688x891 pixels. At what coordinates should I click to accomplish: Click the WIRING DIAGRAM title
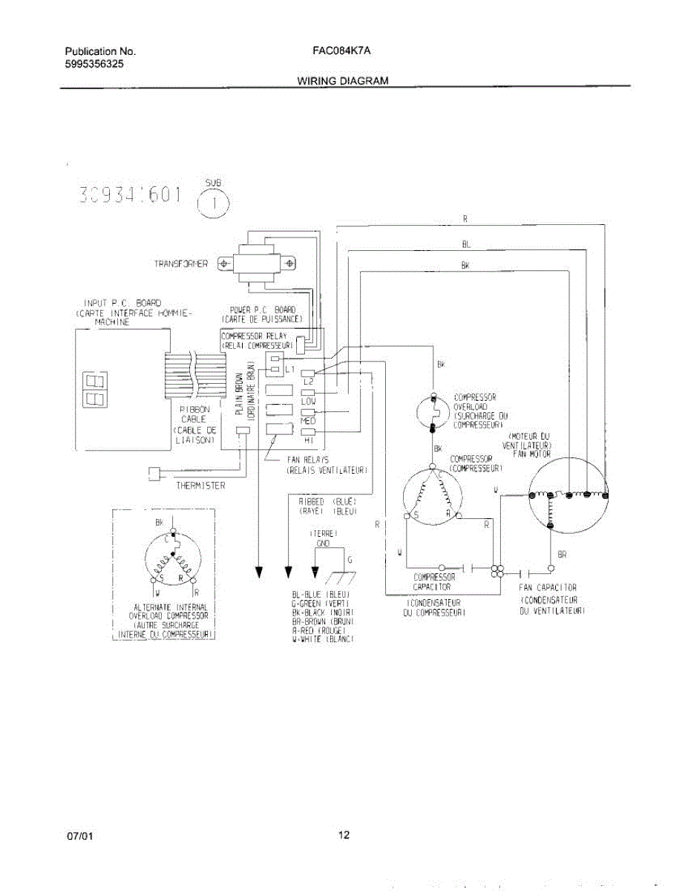point(343,80)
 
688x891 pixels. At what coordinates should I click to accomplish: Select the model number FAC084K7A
point(341,51)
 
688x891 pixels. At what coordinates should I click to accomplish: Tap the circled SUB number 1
point(213,206)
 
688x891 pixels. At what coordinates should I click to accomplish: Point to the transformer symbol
point(255,263)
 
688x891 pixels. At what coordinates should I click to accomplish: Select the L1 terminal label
point(290,369)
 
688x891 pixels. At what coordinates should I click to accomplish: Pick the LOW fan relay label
point(308,401)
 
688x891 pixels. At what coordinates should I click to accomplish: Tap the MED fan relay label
point(308,421)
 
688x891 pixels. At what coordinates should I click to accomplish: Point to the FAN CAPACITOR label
point(548,587)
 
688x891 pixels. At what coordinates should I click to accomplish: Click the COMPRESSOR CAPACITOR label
point(434,581)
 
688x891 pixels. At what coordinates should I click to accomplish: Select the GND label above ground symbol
point(323,544)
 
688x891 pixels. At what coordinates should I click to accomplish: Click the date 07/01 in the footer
point(80,836)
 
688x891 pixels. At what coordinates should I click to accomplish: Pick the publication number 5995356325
point(94,64)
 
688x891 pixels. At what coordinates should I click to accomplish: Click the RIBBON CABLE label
point(195,414)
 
